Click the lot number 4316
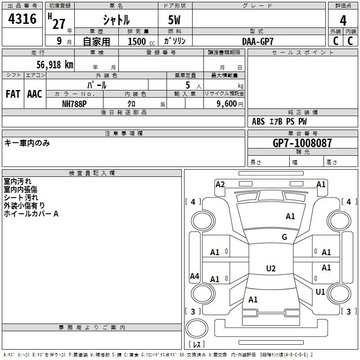(x=22, y=18)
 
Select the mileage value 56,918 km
(x=55, y=65)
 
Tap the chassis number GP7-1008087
(x=302, y=143)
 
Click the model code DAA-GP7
(x=257, y=41)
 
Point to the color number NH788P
(x=74, y=104)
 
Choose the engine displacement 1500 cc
(x=141, y=41)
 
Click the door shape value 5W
(x=174, y=20)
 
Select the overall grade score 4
(x=343, y=21)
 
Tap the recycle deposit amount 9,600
(x=227, y=104)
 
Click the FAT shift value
(x=13, y=94)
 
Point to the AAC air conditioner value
(x=35, y=94)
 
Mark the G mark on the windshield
(x=284, y=237)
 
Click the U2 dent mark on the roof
(x=271, y=268)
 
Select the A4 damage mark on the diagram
(x=194, y=276)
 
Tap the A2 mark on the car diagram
(x=220, y=184)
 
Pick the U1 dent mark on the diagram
(x=320, y=292)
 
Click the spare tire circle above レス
(x=197, y=328)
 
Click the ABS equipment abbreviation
(x=258, y=121)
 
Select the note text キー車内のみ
(x=27, y=143)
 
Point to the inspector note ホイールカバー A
(x=31, y=214)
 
